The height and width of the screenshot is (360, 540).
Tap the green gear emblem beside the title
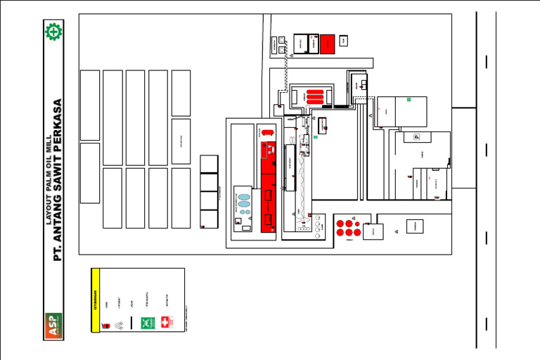[x=53, y=32]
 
